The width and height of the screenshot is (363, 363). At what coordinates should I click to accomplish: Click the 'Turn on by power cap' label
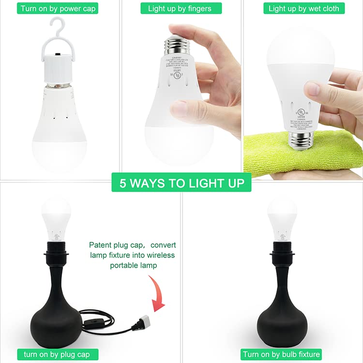[58, 8]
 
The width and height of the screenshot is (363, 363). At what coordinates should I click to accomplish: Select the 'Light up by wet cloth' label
[303, 8]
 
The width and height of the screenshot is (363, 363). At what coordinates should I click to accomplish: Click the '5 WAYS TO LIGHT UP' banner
[181, 183]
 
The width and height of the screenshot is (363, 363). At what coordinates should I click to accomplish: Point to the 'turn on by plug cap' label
[57, 354]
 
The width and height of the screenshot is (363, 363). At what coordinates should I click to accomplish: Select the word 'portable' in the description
[125, 265]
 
